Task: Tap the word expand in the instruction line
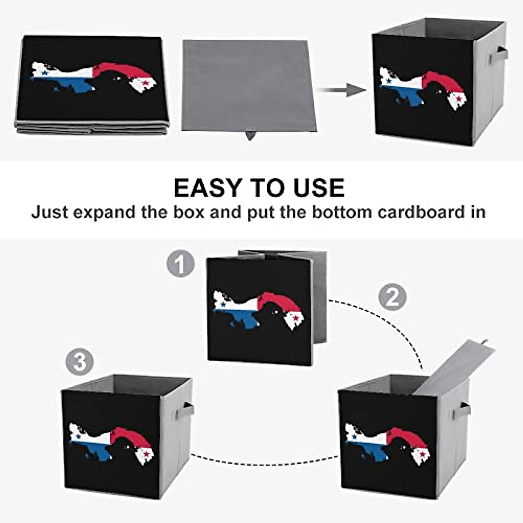[x=107, y=213]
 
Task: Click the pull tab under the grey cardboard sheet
[x=250, y=136]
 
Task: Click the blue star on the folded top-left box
[x=44, y=73]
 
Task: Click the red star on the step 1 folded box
[x=296, y=318]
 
